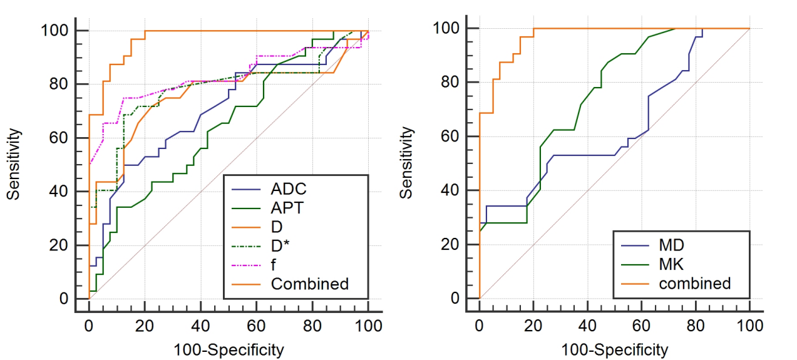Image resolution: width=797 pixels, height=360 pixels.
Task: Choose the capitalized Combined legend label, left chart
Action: tap(309, 284)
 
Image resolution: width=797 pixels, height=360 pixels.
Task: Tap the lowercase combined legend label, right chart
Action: tap(694, 284)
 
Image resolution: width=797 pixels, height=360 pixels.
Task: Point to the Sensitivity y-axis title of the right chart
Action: tap(407, 163)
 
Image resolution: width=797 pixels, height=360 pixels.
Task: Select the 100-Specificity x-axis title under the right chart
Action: tap(614, 348)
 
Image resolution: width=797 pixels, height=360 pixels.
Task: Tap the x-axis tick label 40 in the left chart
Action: tap(201, 326)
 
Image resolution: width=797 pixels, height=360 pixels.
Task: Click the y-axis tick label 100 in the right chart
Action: tap(455, 29)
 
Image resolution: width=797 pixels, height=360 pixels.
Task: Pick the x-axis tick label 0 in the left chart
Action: tap(89, 326)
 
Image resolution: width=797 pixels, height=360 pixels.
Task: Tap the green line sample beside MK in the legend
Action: tap(632, 264)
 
